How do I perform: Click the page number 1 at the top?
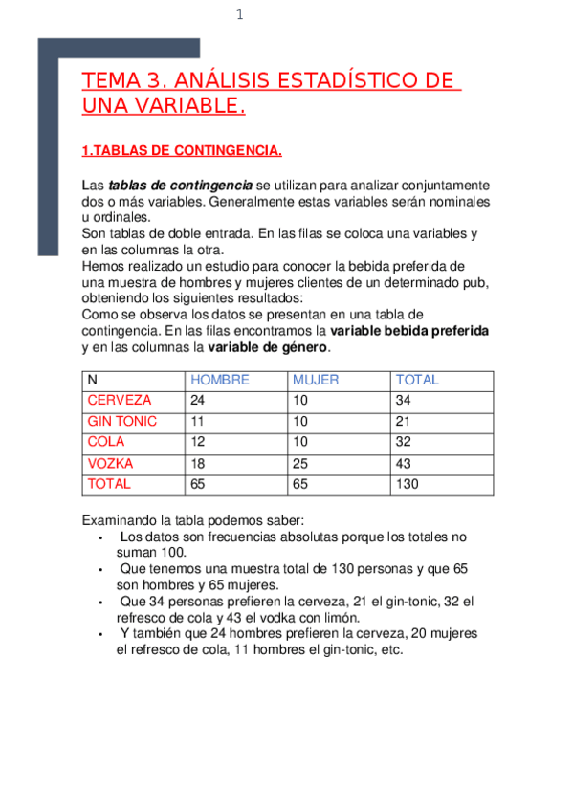239,14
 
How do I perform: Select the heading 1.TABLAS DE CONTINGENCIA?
182,150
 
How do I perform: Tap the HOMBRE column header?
220,380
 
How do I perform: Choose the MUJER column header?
316,380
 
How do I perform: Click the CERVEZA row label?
119,401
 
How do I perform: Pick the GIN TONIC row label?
122,422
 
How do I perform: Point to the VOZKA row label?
110,464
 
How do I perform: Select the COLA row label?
105,443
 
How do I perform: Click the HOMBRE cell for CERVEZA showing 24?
198,401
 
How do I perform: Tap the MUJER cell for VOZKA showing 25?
300,464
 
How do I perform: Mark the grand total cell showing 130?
407,485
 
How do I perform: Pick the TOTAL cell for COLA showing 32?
403,443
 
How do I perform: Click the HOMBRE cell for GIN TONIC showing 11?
198,422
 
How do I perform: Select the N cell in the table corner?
92,380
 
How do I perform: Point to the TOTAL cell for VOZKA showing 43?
403,464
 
